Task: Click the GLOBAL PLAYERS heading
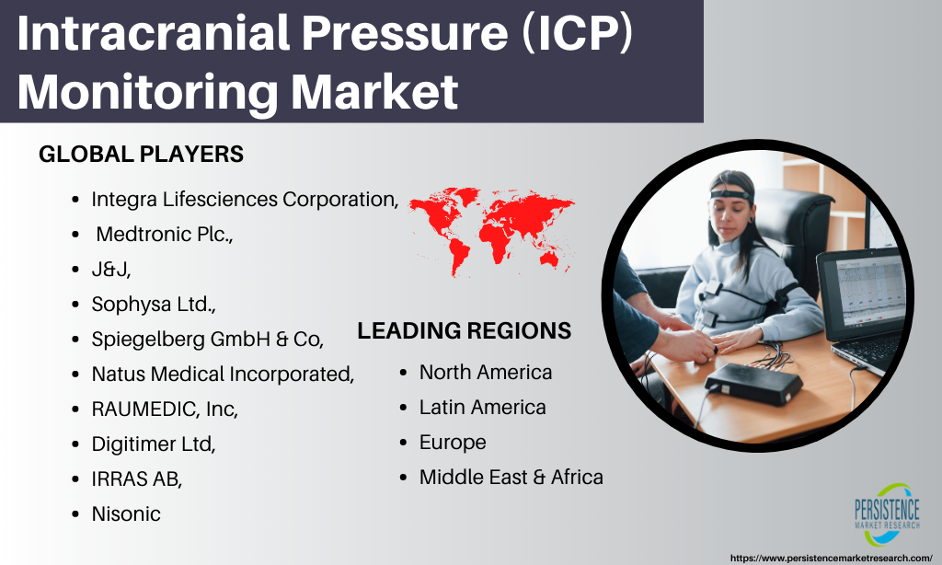pyautogui.click(x=141, y=155)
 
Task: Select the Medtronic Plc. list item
pyautogui.click(x=164, y=234)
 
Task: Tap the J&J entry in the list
pyautogui.click(x=111, y=269)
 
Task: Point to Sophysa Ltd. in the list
pyautogui.click(x=154, y=305)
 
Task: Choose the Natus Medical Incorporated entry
pyautogui.click(x=223, y=374)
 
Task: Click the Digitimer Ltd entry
pyautogui.click(x=154, y=444)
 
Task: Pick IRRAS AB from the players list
pyautogui.click(x=137, y=479)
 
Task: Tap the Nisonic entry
pyautogui.click(x=126, y=513)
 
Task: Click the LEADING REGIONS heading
pyautogui.click(x=465, y=331)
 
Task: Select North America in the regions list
pyautogui.click(x=486, y=372)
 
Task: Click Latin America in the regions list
pyautogui.click(x=482, y=408)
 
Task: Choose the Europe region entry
pyautogui.click(x=453, y=443)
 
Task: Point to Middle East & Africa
pyautogui.click(x=511, y=478)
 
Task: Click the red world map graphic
pyautogui.click(x=491, y=231)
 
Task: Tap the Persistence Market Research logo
pyautogui.click(x=888, y=514)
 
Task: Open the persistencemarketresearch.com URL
pyautogui.click(x=832, y=559)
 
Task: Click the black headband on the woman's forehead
pyautogui.click(x=730, y=194)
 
